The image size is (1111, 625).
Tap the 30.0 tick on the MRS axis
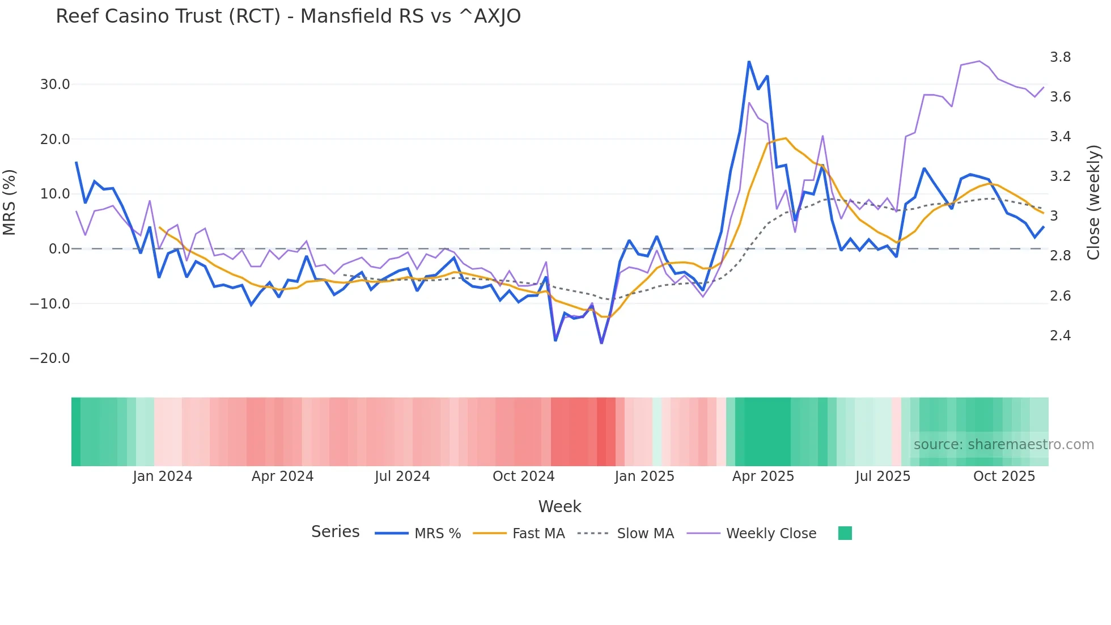pyautogui.click(x=55, y=85)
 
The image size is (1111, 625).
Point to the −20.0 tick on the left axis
pyautogui.click(x=50, y=358)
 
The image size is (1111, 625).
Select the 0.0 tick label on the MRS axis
pyautogui.click(x=59, y=249)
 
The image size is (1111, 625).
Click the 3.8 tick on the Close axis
pyautogui.click(x=1060, y=57)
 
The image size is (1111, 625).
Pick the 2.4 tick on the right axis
pyautogui.click(x=1060, y=336)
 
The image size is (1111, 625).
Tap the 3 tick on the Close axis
pyautogui.click(x=1054, y=216)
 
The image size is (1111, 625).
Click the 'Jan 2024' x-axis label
pyautogui.click(x=163, y=476)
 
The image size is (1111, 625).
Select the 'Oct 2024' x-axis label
pyautogui.click(x=523, y=476)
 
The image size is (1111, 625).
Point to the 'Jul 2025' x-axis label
pyautogui.click(x=883, y=476)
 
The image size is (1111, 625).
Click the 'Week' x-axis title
pyautogui.click(x=559, y=506)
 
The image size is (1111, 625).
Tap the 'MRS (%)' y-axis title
pyautogui.click(x=10, y=202)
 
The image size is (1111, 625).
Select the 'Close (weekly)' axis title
pyautogui.click(x=1093, y=202)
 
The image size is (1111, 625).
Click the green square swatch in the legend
pyautogui.click(x=845, y=533)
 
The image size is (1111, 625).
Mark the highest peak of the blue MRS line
pyautogui.click(x=749, y=62)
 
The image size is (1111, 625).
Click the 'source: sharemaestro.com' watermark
pyautogui.click(x=1003, y=445)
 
